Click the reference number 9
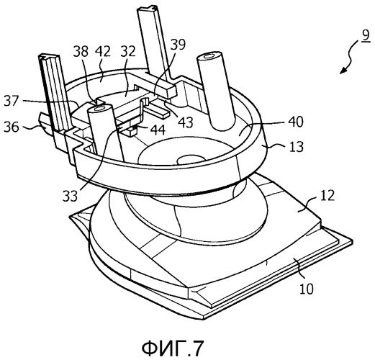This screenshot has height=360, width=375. pos(365,37)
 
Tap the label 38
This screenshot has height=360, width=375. pos(81,51)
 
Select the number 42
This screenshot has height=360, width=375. pos(103,51)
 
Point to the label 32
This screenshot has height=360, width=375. pos(127,51)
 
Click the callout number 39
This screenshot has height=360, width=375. pos(178,45)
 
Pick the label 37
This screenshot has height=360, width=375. pos(12,101)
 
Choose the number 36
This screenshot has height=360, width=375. pos(12,127)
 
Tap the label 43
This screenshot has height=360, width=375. pos(186,122)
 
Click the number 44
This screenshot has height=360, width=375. pos(158,130)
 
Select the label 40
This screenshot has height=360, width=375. pos(296,122)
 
